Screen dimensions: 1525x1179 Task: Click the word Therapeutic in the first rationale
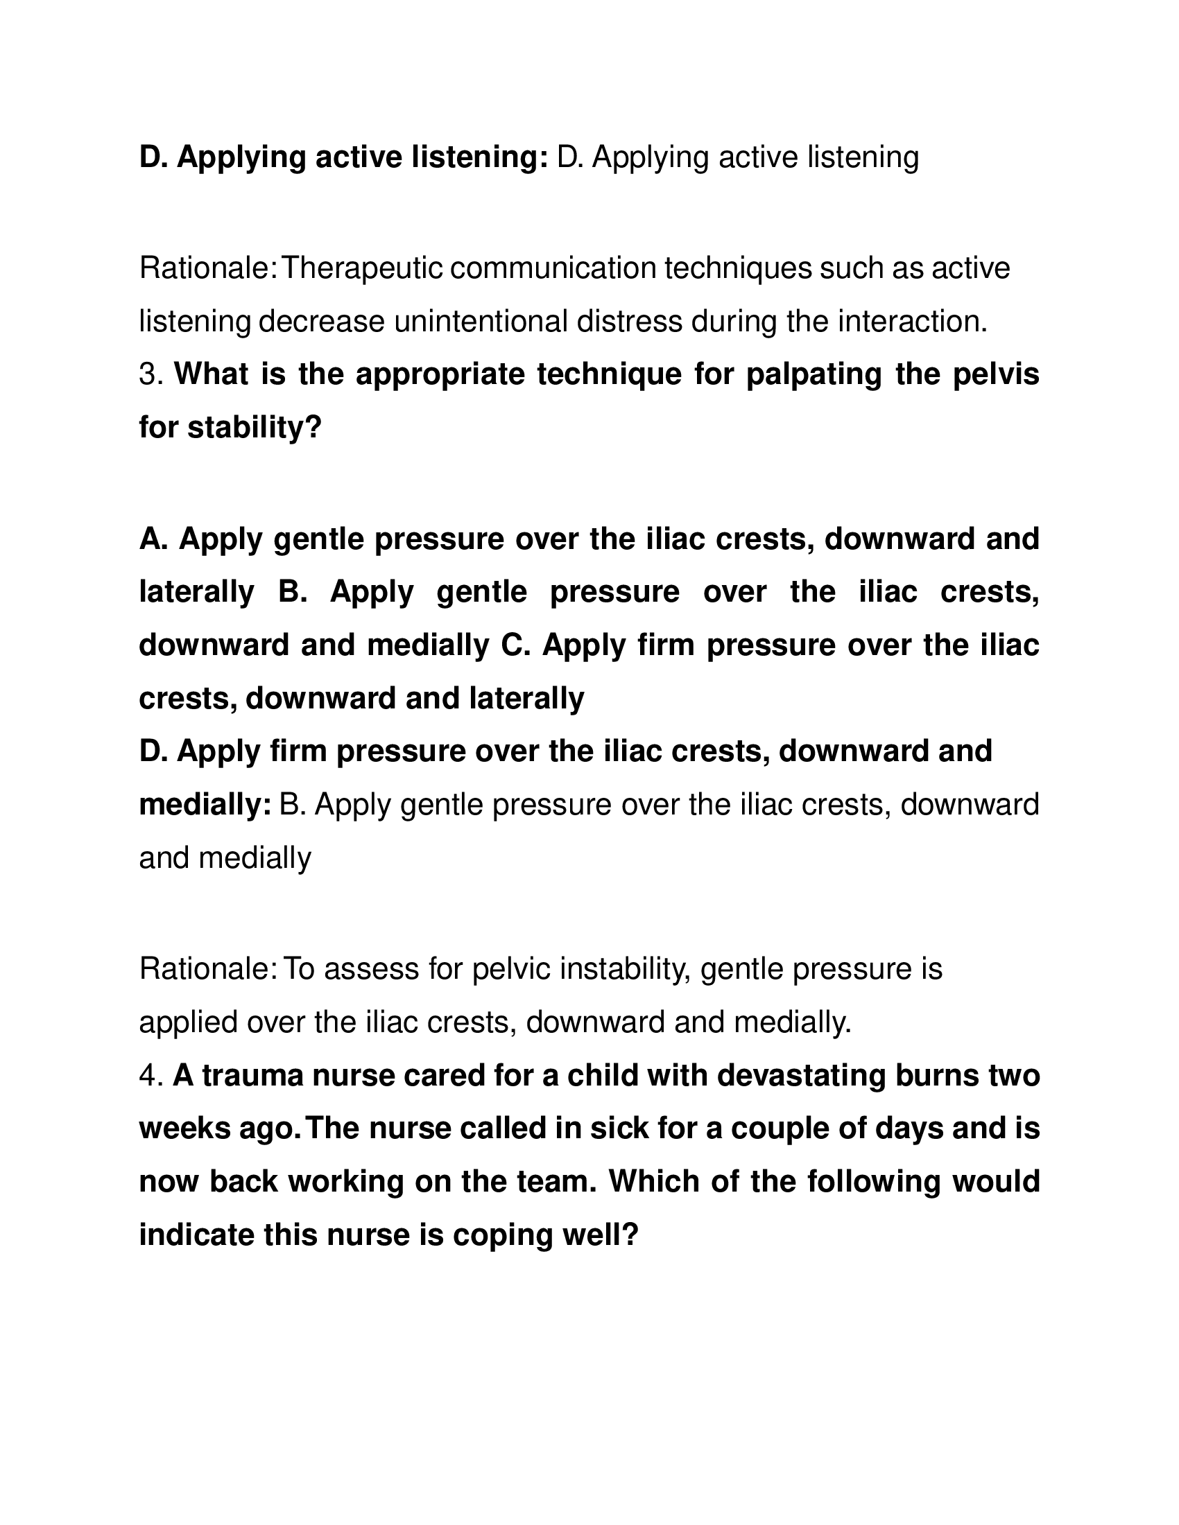pyautogui.click(x=361, y=268)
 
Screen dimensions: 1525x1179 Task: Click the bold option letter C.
pyautogui.click(x=515, y=645)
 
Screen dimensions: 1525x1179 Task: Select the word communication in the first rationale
pyautogui.click(x=553, y=268)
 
